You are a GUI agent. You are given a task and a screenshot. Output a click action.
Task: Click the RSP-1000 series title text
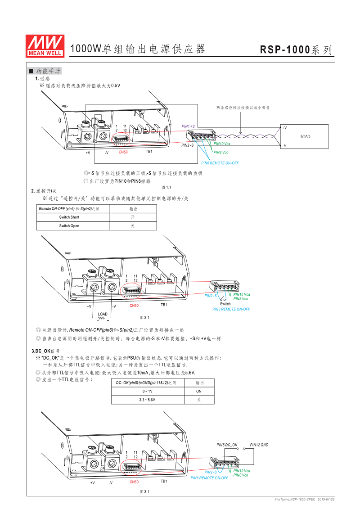pyautogui.click(x=296, y=50)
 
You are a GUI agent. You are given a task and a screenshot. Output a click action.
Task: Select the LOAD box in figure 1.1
pyautogui.click(x=305, y=137)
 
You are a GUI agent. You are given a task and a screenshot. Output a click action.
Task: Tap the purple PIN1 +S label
pyautogui.click(x=188, y=126)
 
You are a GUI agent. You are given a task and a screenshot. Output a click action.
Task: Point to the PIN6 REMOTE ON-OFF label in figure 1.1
pyautogui.click(x=220, y=163)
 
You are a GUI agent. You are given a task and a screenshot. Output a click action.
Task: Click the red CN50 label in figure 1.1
pyautogui.click(x=123, y=152)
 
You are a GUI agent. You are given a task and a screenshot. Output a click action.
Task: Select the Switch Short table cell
pyautogui.click(x=69, y=217)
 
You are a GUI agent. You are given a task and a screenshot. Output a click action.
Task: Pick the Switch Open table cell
pyautogui.click(x=69, y=226)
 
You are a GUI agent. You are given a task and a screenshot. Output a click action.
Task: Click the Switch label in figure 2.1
pyautogui.click(x=225, y=304)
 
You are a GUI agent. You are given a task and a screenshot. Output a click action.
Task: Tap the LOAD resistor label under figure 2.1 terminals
pyautogui.click(x=103, y=314)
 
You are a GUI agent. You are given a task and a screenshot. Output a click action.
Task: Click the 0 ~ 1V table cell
pyautogui.click(x=148, y=391)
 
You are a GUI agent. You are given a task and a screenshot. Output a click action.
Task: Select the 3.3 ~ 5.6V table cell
pyautogui.click(x=148, y=400)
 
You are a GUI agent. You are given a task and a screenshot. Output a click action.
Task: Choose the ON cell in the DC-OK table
pyautogui.click(x=199, y=391)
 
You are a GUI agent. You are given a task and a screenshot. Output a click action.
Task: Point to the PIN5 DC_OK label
pyautogui.click(x=227, y=445)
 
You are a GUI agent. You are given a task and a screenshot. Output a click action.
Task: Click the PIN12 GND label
pyautogui.click(x=259, y=445)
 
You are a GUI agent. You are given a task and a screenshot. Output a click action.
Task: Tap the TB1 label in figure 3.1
pyautogui.click(x=164, y=481)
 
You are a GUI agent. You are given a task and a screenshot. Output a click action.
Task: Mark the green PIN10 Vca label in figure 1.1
pyautogui.click(x=222, y=144)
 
